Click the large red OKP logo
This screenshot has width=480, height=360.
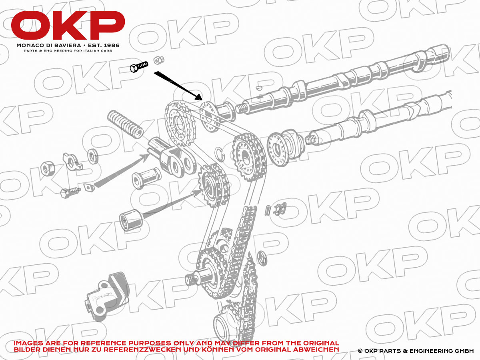click(68, 25)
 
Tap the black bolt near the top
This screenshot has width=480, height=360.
click(139, 66)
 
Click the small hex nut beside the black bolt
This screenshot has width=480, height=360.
click(158, 60)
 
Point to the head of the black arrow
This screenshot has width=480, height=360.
click(198, 97)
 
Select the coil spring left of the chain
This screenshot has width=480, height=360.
click(125, 124)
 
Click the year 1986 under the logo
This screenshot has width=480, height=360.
click(112, 46)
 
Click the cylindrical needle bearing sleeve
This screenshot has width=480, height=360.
click(131, 220)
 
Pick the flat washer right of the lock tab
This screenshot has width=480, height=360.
click(93, 156)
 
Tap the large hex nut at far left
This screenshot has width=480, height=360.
click(48, 168)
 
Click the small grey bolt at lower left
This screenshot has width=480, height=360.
click(70, 192)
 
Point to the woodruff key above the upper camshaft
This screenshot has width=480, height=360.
click(259, 88)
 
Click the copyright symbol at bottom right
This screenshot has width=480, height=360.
click(360, 351)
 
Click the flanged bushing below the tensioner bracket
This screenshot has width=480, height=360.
click(146, 178)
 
